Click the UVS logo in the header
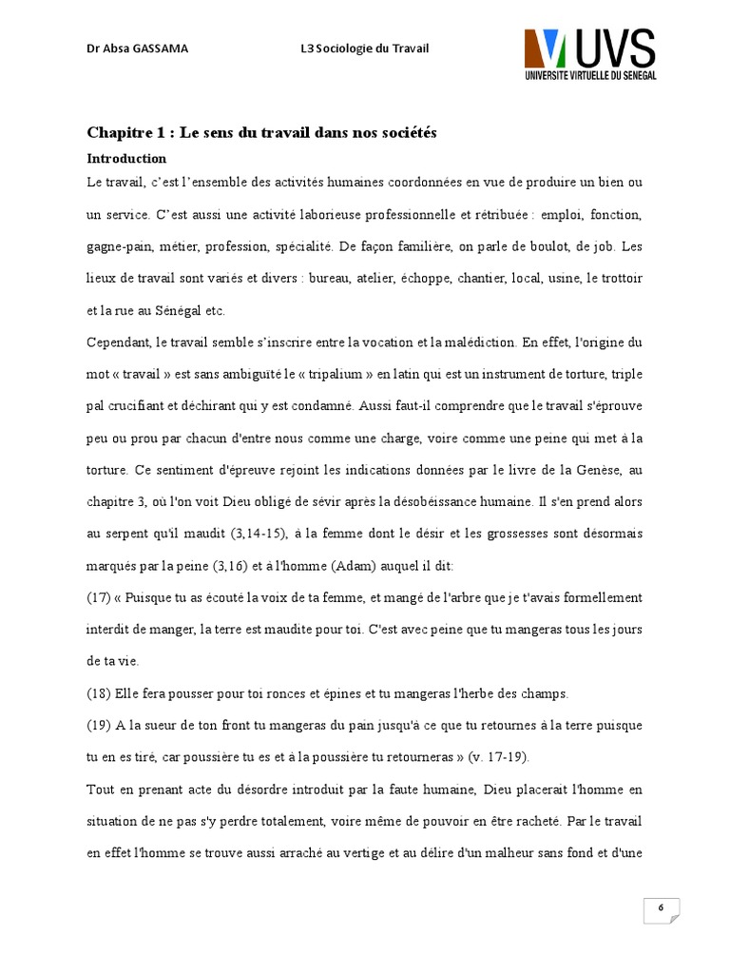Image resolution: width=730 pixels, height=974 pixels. coord(589,54)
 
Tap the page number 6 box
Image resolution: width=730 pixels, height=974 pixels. coord(660,909)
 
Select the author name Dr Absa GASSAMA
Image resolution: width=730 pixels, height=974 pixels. coord(137,49)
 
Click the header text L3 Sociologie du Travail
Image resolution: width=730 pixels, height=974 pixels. coord(364,49)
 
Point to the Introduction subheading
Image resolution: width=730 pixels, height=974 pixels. coord(126,159)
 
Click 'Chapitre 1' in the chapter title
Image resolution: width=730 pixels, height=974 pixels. coord(123,133)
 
